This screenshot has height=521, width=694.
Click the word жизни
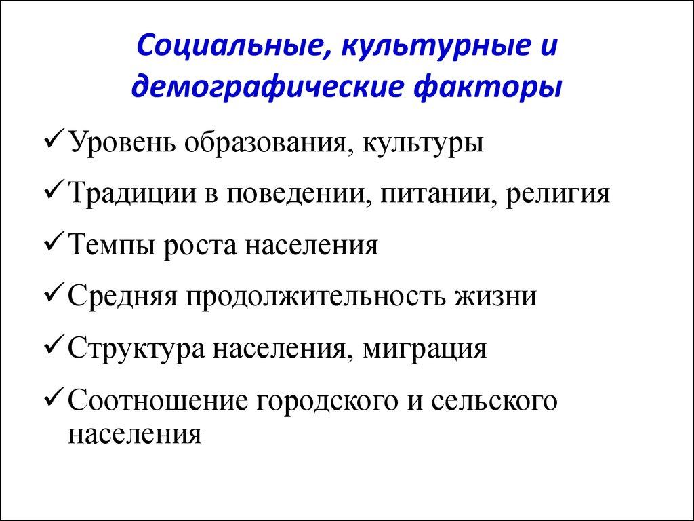498,296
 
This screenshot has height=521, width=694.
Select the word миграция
425,349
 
